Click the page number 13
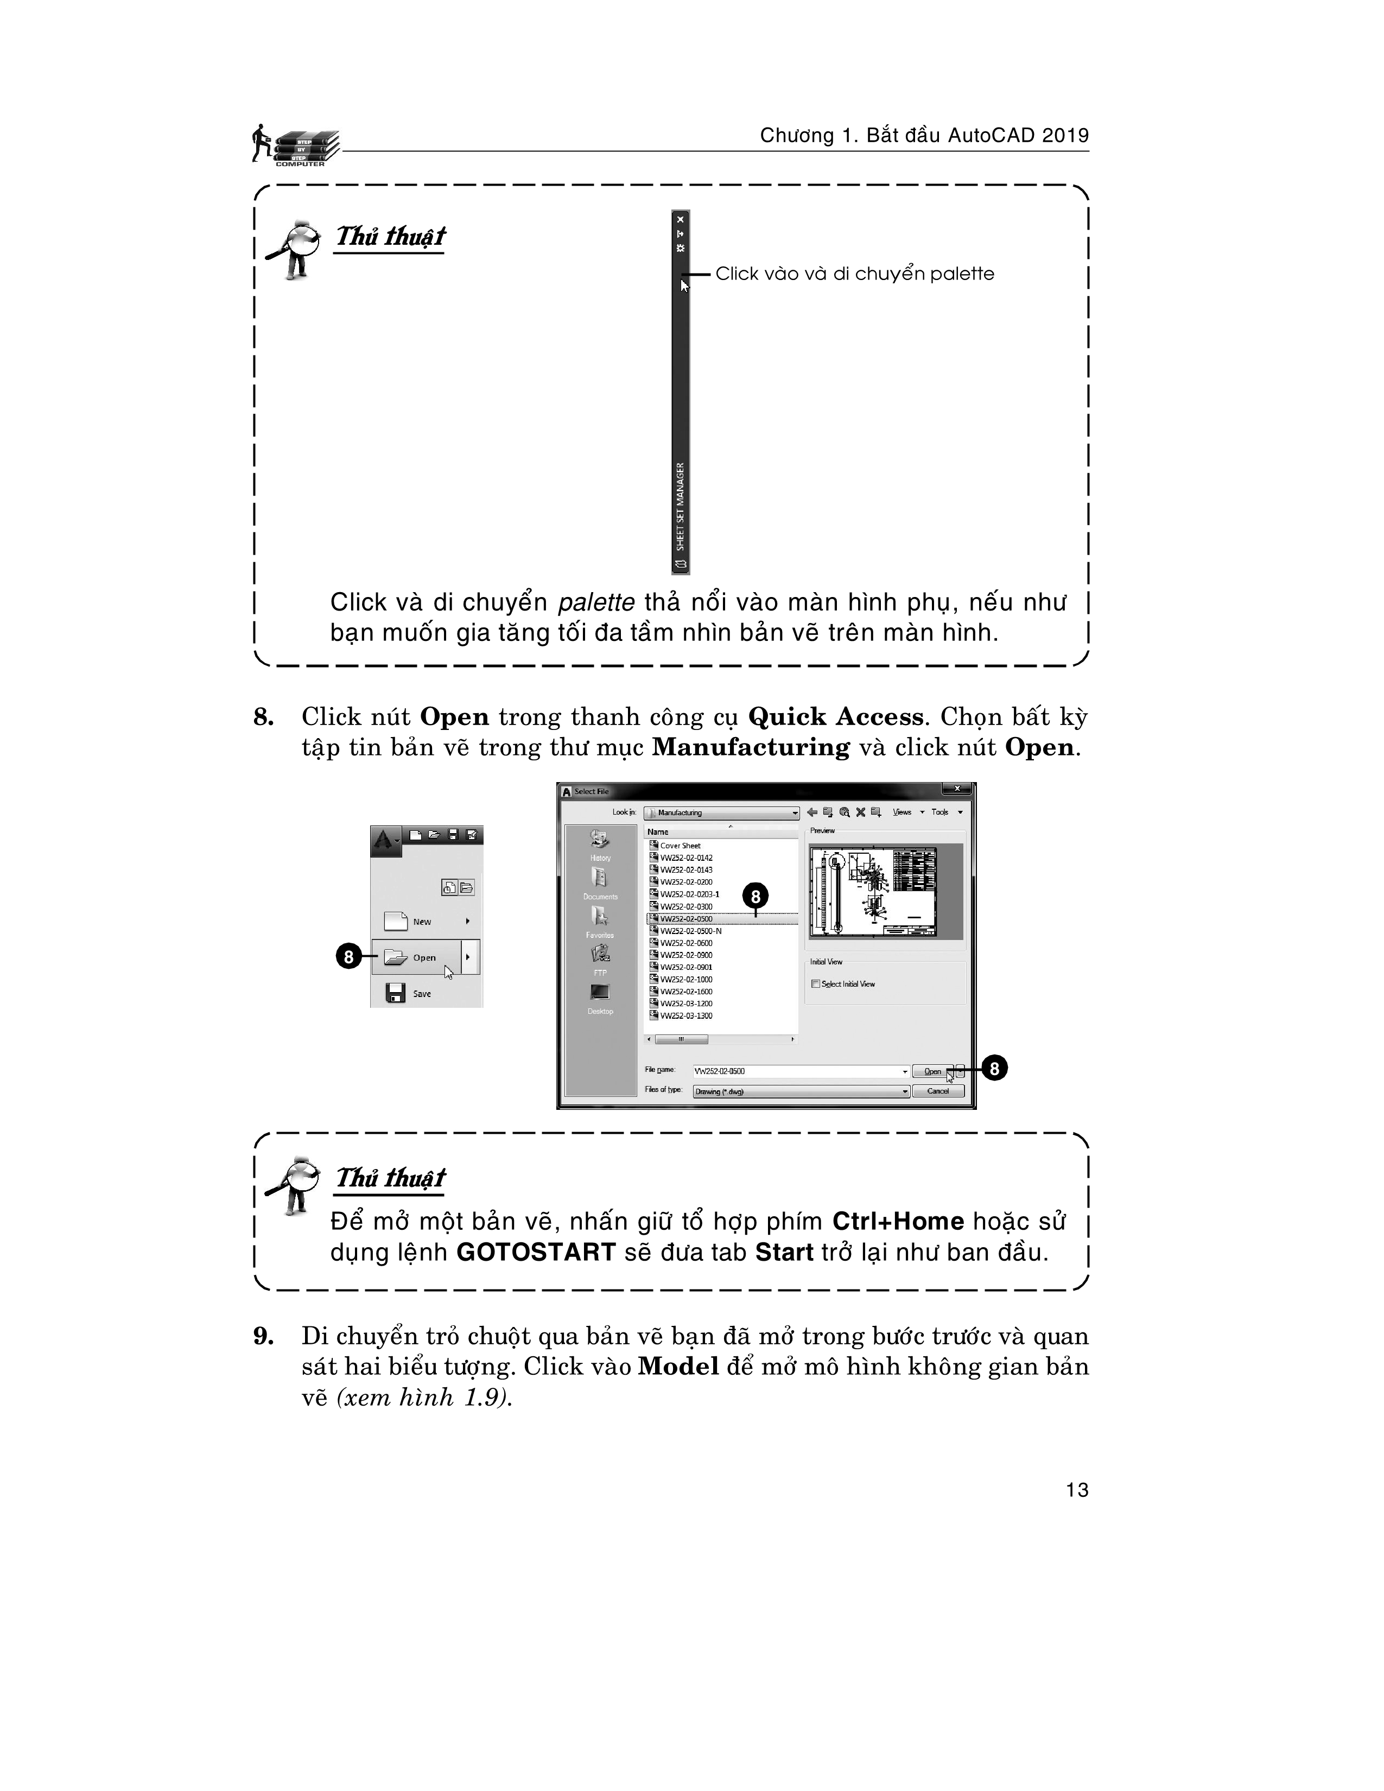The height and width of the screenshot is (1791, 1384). [1077, 1490]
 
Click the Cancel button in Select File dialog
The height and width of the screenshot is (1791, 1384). [938, 1091]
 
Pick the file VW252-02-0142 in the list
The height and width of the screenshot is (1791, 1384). [685, 858]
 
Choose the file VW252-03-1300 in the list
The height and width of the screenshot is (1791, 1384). [685, 1016]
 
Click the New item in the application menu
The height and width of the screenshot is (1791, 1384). [421, 922]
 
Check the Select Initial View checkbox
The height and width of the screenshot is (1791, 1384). [816, 984]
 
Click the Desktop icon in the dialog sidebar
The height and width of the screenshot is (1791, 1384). [600, 996]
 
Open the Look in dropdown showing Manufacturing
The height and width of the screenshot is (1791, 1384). [721, 812]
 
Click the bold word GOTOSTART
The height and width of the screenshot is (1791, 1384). [535, 1252]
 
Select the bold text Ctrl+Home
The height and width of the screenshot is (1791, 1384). [898, 1221]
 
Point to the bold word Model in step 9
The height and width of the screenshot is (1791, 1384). [678, 1366]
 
